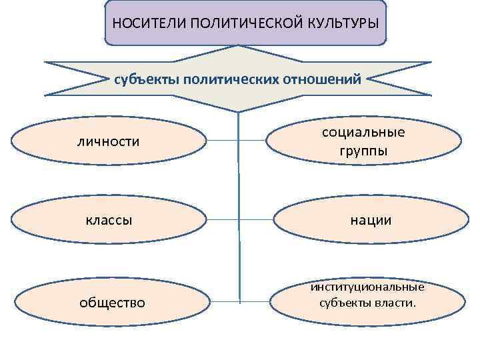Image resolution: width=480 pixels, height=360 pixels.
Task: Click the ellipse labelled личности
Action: (x=109, y=141)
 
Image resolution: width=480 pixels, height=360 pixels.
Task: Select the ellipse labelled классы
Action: (x=109, y=219)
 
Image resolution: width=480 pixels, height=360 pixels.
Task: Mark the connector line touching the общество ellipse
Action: (x=222, y=302)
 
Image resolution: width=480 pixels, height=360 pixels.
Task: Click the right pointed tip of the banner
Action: (x=431, y=63)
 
